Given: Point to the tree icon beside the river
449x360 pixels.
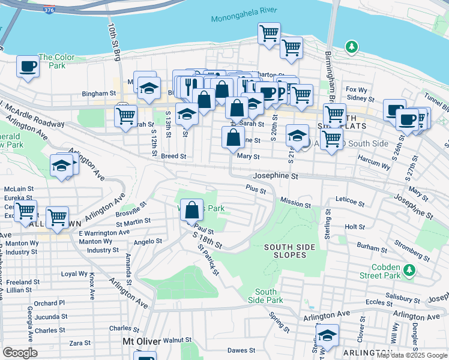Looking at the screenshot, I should click(x=351, y=47).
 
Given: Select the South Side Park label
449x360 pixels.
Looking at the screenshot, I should click(x=266, y=295).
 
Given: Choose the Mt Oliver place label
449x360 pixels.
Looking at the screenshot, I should click(x=141, y=341).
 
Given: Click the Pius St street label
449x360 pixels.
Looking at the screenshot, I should click(x=256, y=189).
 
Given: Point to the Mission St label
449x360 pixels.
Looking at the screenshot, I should click(x=295, y=203).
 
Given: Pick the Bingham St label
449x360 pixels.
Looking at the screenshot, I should click(x=99, y=94).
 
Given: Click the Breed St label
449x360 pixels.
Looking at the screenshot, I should click(x=173, y=156).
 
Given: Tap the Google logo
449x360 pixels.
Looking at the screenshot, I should click(x=20, y=353).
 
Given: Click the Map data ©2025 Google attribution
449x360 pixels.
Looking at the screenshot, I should click(x=412, y=355).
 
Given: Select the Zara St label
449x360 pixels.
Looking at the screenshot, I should click(x=79, y=343).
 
